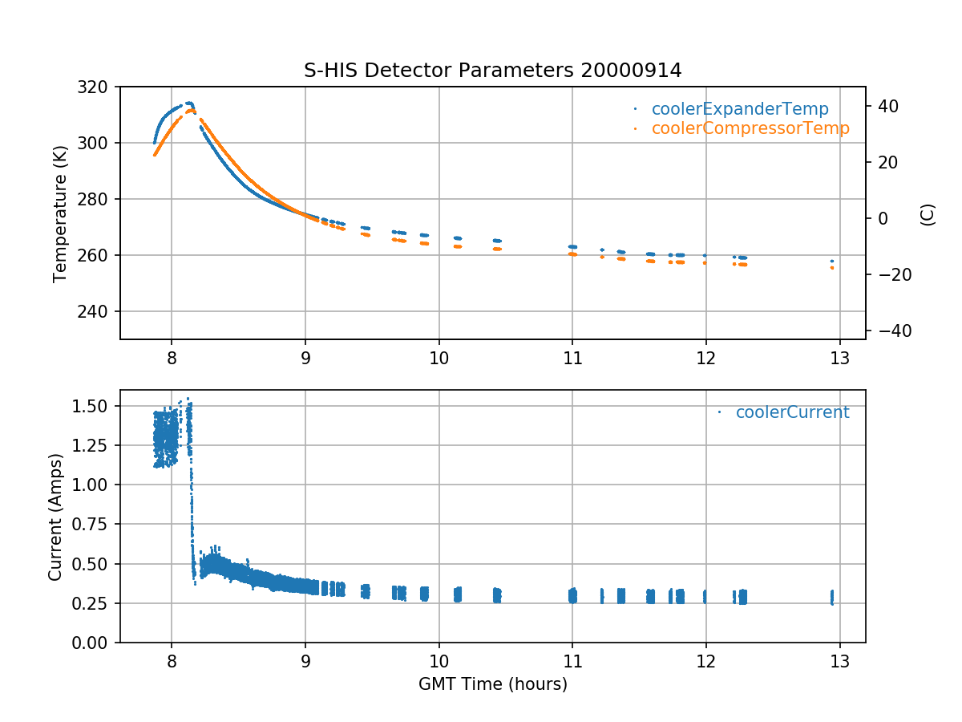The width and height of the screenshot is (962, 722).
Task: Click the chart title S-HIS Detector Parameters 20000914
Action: pyautogui.click(x=492, y=71)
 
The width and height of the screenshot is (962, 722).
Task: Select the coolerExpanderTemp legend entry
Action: pyautogui.click(x=739, y=109)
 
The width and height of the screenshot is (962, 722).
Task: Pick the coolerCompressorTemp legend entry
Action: pyautogui.click(x=750, y=128)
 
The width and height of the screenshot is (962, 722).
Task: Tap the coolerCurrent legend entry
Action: pyautogui.click(x=792, y=412)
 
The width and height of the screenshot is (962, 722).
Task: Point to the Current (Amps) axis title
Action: pyautogui.click(x=55, y=516)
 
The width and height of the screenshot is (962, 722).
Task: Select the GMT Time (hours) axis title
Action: pyautogui.click(x=492, y=684)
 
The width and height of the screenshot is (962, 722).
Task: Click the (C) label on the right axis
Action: pyautogui.click(x=928, y=213)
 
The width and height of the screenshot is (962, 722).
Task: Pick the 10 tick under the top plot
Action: pyautogui.click(x=439, y=356)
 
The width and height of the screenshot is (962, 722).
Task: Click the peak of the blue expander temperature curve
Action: pyautogui.click(x=189, y=103)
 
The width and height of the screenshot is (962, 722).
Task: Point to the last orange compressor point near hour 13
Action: pyautogui.click(x=832, y=268)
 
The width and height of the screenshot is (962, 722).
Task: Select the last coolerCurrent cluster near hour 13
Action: pyautogui.click(x=832, y=598)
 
